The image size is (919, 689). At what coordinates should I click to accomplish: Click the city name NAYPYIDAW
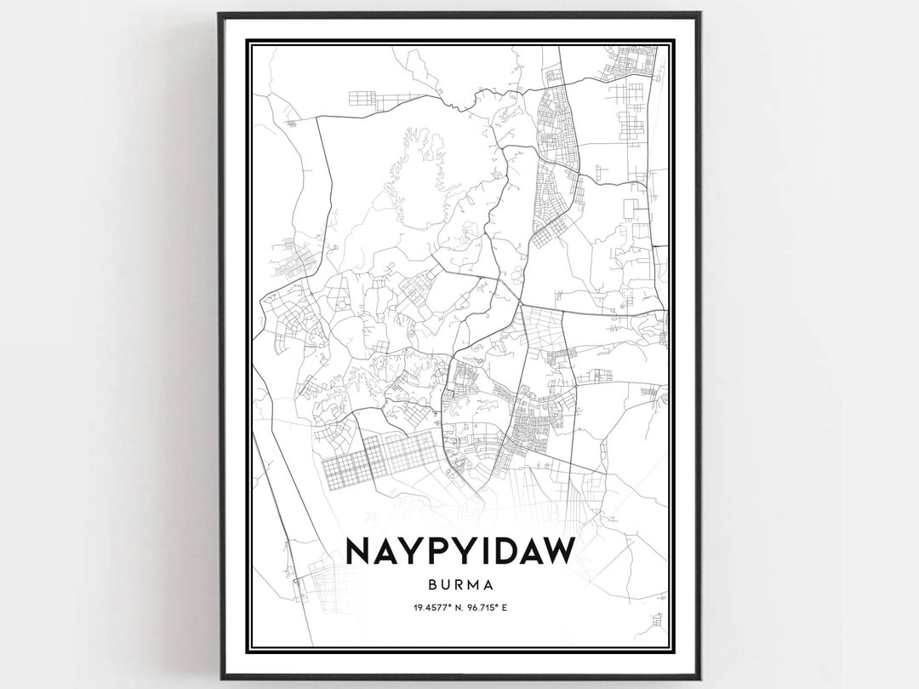tap(460, 552)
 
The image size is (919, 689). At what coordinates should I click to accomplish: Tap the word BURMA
tap(460, 586)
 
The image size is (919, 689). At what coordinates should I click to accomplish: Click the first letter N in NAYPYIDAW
tap(361, 552)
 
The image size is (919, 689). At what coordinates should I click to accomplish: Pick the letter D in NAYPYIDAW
tap(494, 552)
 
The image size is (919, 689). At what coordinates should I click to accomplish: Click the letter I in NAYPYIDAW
tap(473, 552)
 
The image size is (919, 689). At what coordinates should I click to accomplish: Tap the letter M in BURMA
tap(474, 586)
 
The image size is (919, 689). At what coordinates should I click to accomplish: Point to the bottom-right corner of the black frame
tap(699, 678)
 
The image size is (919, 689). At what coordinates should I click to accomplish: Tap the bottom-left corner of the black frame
tap(220, 678)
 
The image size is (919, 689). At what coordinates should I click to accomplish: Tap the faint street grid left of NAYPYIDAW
tap(319, 580)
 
